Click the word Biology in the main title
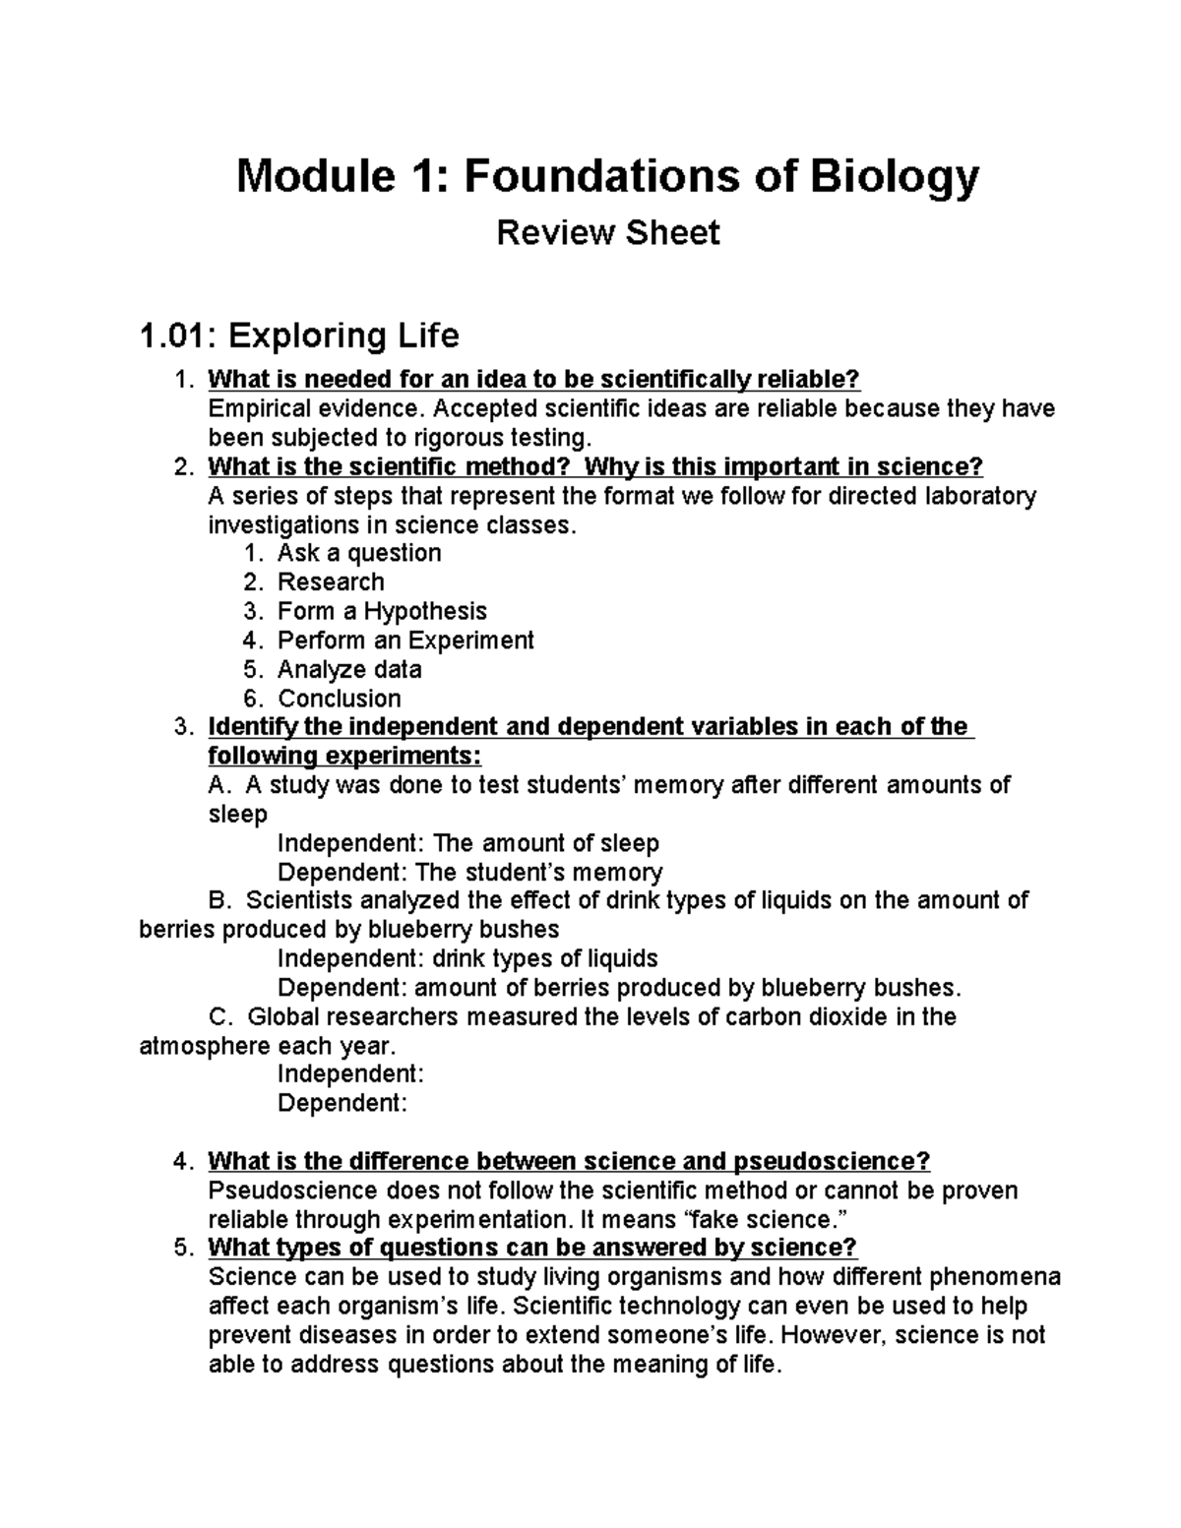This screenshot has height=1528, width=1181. (x=894, y=177)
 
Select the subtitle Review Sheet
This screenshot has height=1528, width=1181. (x=607, y=233)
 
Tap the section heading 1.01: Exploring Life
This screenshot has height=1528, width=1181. (x=299, y=336)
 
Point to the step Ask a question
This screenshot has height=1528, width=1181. (x=358, y=553)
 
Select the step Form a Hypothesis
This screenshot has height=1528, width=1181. (x=382, y=611)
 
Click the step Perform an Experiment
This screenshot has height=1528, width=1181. (x=404, y=641)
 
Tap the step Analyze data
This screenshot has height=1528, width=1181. (x=349, y=670)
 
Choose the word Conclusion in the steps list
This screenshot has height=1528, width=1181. (x=340, y=699)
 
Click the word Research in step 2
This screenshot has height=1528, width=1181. (x=331, y=582)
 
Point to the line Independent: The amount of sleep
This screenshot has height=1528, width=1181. (x=467, y=844)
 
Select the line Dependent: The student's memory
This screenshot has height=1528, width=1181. (x=469, y=873)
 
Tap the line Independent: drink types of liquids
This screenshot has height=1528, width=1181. (x=467, y=959)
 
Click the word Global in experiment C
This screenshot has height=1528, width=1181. (x=279, y=1016)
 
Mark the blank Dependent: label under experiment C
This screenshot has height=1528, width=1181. (x=342, y=1103)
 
